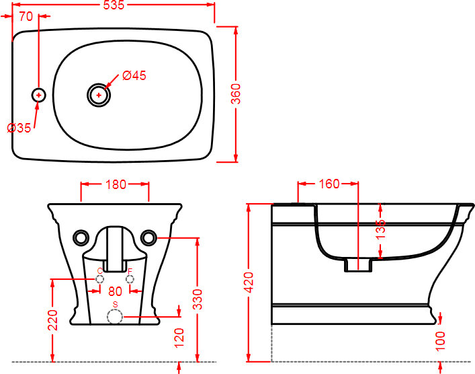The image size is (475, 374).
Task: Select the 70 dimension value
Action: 26,17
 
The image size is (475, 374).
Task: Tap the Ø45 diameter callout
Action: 134,75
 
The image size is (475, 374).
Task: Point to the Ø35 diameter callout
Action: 19,128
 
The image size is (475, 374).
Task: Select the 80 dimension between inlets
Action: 115,291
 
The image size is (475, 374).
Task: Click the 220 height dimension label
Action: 54,320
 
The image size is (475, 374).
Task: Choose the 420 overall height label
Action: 249,283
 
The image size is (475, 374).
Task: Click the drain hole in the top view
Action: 99,95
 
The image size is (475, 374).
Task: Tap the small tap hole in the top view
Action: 39,96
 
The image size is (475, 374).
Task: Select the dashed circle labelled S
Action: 115,317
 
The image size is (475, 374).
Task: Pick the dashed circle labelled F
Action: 130,279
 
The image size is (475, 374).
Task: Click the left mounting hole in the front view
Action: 81,237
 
